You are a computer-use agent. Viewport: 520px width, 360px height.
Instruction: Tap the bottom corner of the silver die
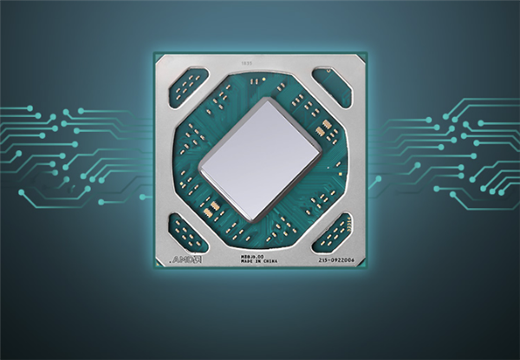click(x=252, y=219)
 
